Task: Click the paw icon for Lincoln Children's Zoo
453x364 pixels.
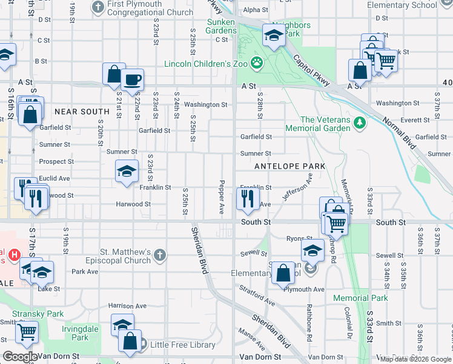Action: pos(257,62)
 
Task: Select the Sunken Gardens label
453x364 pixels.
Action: pos(221,26)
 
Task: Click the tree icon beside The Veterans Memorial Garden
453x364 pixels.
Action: pos(360,123)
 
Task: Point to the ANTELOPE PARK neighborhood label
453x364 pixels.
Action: pos(290,166)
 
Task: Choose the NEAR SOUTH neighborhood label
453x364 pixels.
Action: pos(82,112)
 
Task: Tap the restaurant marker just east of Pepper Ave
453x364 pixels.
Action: pos(248,198)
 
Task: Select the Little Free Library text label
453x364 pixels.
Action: pos(183,345)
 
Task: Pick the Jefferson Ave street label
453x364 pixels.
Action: pos(297,187)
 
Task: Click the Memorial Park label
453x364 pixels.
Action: pos(360,298)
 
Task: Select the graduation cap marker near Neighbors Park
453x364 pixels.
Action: pos(274,37)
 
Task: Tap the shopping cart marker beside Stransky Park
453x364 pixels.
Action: pos(27,331)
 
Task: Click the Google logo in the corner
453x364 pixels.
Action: pos(20,357)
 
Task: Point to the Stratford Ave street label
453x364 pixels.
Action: pos(257,295)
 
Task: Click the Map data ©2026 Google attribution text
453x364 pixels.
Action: pos(415,359)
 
